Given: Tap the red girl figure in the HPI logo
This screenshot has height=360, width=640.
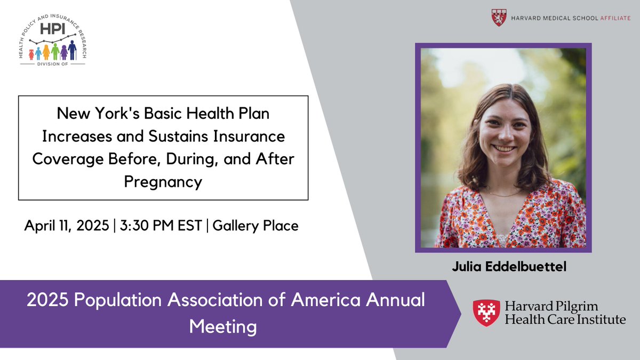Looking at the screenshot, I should tap(31, 54).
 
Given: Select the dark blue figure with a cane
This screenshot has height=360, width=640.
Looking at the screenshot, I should tap(72, 51).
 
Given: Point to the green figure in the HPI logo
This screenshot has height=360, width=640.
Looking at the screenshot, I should tap(54, 52).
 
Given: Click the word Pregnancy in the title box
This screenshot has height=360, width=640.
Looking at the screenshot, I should tap(163, 182).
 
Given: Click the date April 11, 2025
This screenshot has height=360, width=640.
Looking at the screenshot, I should tap(66, 226).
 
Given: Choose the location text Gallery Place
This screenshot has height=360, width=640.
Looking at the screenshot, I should tap(255, 226).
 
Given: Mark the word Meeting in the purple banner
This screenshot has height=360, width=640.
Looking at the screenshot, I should tap(223, 326).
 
